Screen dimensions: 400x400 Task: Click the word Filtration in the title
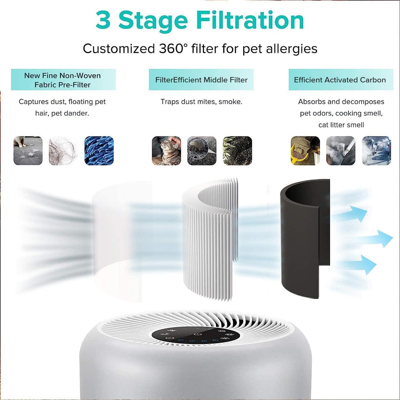[x=250, y=20]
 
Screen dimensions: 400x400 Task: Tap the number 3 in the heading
[x=103, y=20]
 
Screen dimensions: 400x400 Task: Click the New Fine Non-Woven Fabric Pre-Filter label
[x=63, y=80]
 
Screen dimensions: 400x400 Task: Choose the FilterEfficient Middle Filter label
[x=201, y=80]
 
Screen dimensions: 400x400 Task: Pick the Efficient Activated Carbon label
[x=340, y=80]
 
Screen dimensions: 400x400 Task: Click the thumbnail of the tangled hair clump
[x=63, y=151]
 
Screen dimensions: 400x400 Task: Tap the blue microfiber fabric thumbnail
[x=99, y=151]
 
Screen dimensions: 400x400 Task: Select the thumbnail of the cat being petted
[x=166, y=151]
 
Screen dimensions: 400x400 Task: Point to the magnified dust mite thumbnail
[x=202, y=151]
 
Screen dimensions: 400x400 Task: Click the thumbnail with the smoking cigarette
[x=340, y=151]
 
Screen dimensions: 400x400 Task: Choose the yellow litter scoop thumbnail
[x=305, y=151]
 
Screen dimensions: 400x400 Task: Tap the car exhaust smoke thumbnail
[x=376, y=151]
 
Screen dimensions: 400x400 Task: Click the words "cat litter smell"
[x=341, y=125]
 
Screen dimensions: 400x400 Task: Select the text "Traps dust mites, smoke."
[x=201, y=102]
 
